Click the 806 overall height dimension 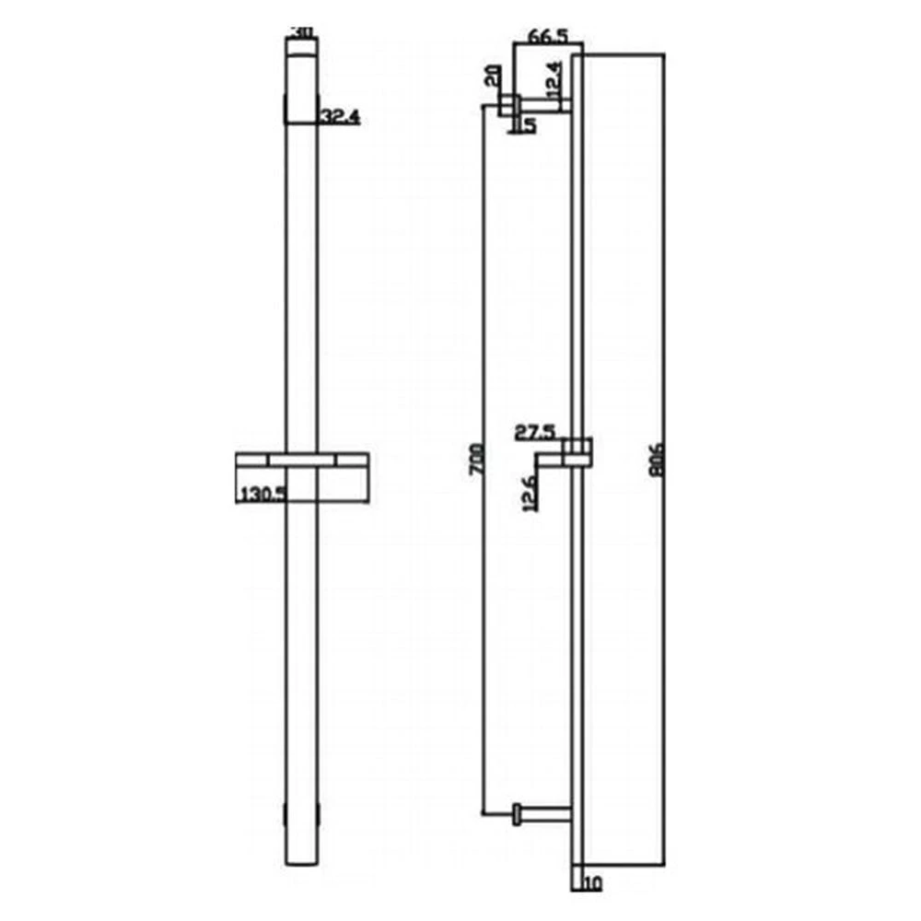[657, 457]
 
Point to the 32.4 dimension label [339, 117]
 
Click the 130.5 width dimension [262, 494]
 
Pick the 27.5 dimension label [535, 431]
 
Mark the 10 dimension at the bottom [591, 885]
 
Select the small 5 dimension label [530, 125]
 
